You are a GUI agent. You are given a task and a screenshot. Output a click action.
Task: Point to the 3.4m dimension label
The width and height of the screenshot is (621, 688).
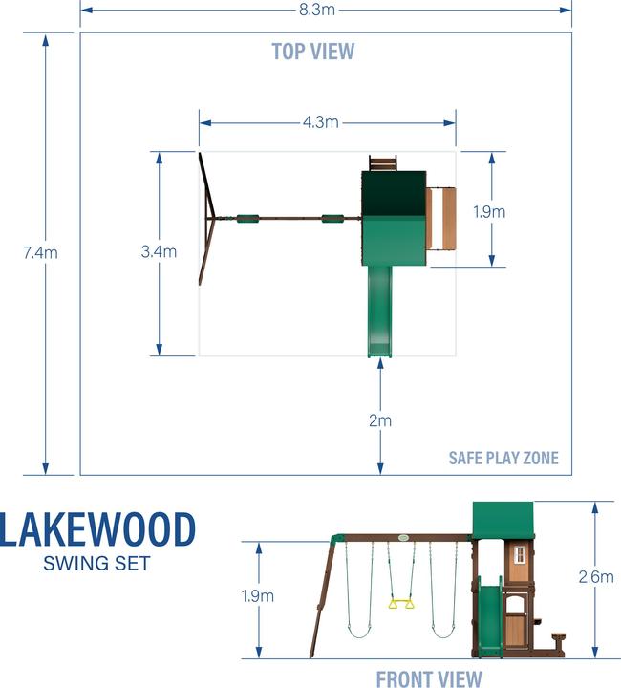coord(159,252)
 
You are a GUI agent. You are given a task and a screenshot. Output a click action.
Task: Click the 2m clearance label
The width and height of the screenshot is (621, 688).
coord(380,419)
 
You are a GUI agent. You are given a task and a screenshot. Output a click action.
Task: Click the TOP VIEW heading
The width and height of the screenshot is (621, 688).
coord(312,52)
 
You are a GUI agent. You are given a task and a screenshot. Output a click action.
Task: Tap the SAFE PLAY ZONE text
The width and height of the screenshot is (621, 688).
coord(503,459)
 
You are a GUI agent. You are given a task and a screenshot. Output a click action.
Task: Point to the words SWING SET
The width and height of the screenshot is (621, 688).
coord(96,563)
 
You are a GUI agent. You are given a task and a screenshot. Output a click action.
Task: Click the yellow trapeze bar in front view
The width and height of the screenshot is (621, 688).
coord(400,602)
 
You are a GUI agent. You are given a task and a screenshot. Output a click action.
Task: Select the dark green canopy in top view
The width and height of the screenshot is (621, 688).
coord(394,194)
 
